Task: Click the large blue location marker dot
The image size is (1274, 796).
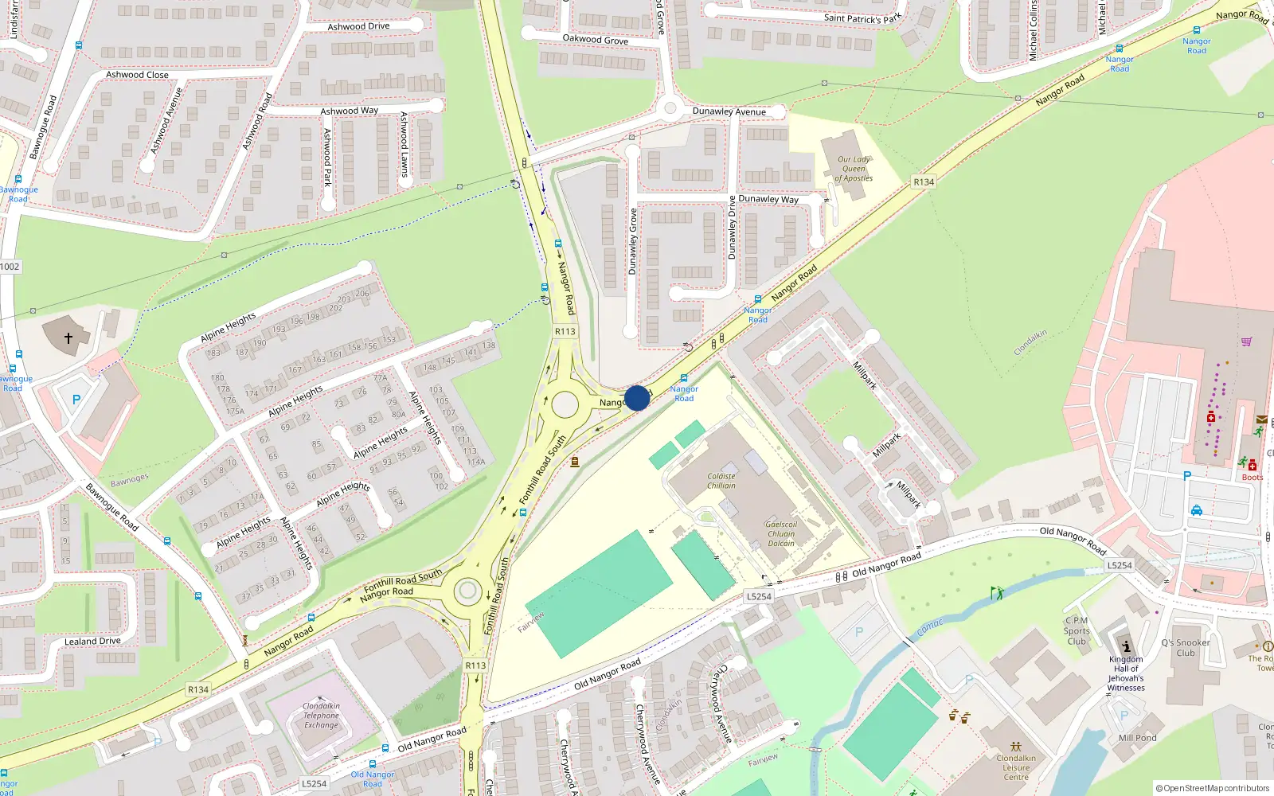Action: [x=637, y=398]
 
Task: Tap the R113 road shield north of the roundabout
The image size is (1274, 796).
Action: [x=565, y=331]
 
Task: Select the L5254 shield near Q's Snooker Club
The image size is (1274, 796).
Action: [x=1119, y=565]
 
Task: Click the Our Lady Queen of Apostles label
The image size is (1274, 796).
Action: [x=854, y=169]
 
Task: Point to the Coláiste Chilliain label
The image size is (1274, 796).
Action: [x=721, y=481]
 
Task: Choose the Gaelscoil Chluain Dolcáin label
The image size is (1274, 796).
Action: [x=781, y=533]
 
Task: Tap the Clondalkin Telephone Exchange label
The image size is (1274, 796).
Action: [x=321, y=716]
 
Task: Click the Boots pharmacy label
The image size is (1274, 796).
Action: [x=1252, y=478]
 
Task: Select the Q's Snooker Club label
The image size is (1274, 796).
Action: [x=1186, y=648]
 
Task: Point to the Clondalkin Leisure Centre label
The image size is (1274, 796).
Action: [x=1016, y=767]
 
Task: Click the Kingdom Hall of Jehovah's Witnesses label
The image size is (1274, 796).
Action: [x=1126, y=673]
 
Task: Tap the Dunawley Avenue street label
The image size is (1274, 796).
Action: [x=729, y=111]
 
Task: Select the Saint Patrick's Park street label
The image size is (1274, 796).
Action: [x=863, y=18]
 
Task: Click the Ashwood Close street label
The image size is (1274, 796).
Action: [x=137, y=75]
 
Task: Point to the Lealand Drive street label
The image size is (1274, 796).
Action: [x=92, y=641]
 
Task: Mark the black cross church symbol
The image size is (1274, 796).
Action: [x=68, y=338]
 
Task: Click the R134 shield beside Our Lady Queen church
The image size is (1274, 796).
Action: [x=924, y=182]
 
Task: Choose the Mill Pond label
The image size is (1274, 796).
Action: [x=1137, y=738]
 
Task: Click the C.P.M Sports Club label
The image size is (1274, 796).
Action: [x=1077, y=631]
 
